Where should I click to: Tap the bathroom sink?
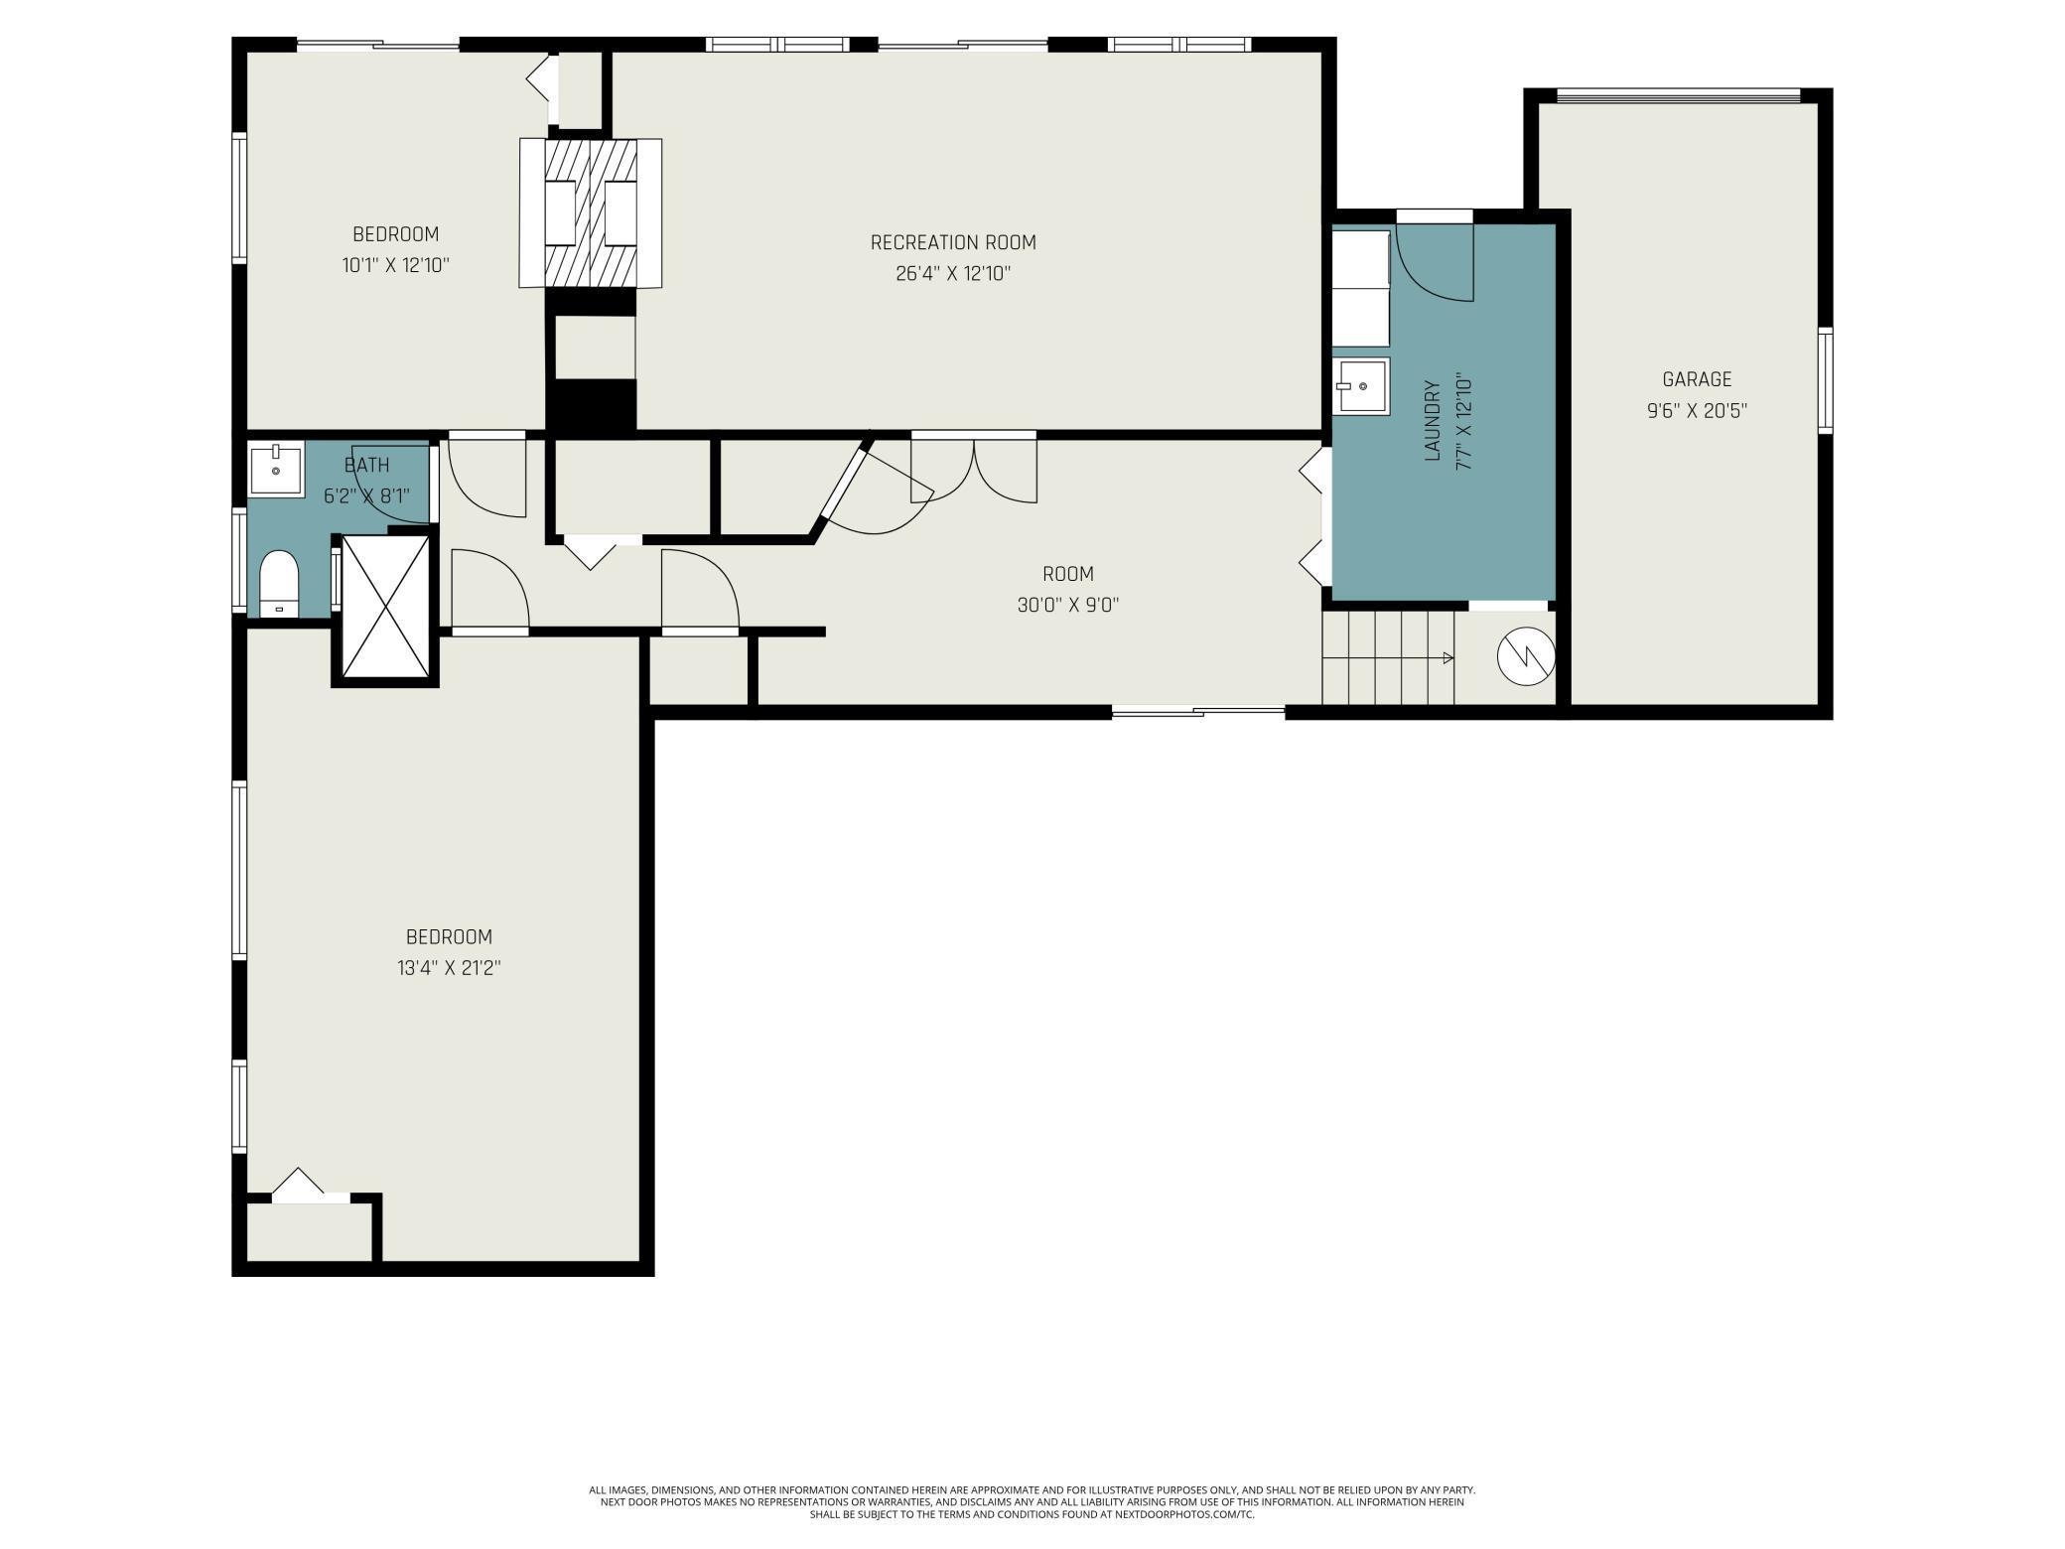click(x=276, y=471)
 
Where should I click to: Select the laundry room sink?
click(x=1361, y=385)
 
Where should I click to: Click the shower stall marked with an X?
click(x=385, y=606)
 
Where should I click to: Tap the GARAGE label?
click(x=1697, y=379)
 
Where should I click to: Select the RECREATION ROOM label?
click(x=953, y=242)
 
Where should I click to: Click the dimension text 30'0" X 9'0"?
click(x=1068, y=605)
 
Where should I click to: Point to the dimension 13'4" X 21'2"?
click(x=449, y=968)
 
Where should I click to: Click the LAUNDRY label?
click(x=1432, y=420)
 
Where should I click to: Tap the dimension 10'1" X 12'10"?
click(x=396, y=265)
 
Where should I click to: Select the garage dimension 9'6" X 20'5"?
click(x=1697, y=410)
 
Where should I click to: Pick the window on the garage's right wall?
click(x=1826, y=380)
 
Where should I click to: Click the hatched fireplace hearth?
click(x=591, y=213)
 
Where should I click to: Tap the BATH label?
click(x=366, y=465)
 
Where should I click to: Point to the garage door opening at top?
click(x=1678, y=96)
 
